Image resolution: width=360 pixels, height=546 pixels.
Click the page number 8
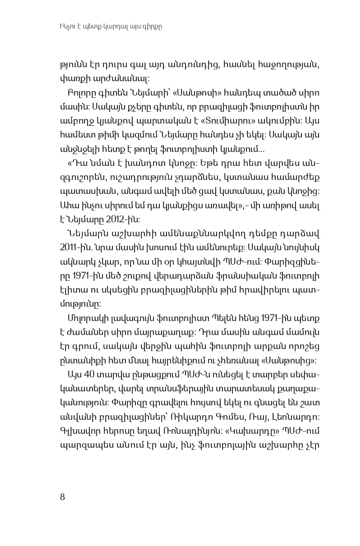click(62, 497)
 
